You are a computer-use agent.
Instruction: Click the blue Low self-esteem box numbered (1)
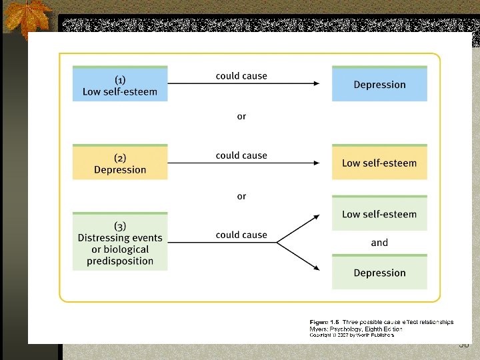tap(120, 85)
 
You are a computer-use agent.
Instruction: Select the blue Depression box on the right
tap(379, 85)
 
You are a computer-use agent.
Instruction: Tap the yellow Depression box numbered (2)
tap(120, 163)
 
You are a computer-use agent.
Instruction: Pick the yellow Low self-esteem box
tap(379, 163)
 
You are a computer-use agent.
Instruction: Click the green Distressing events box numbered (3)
tap(120, 243)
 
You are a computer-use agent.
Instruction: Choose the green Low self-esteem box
tap(379, 215)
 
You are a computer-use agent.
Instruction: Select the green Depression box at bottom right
tap(379, 273)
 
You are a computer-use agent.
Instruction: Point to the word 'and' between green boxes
tap(379, 243)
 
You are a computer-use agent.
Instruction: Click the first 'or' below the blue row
tap(241, 117)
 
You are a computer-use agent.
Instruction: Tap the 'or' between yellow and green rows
tap(241, 197)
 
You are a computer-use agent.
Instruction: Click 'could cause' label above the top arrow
tap(241, 76)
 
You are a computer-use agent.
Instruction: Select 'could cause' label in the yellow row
tap(241, 155)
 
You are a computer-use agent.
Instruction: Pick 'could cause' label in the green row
tap(241, 235)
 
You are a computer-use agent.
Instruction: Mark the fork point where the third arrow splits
tap(277, 243)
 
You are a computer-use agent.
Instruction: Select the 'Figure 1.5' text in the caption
tap(325, 322)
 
